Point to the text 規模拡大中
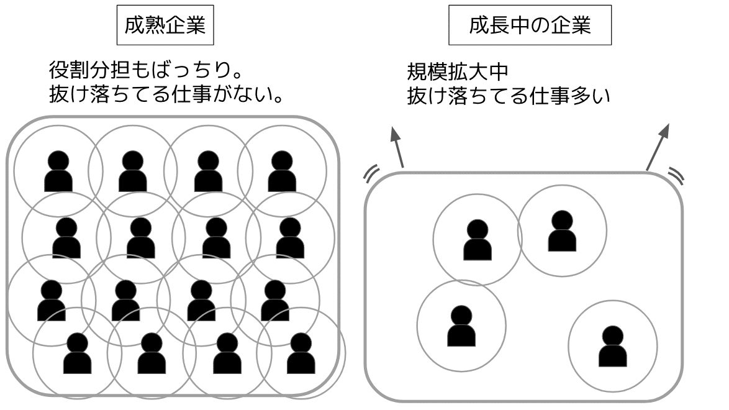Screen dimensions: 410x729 click(458, 71)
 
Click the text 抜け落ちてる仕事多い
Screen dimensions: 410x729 click(509, 97)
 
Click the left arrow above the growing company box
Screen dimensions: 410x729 click(397, 146)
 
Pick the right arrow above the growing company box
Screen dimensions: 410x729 click(659, 147)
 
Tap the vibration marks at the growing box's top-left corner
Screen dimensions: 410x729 click(371, 175)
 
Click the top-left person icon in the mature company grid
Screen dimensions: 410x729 click(58, 171)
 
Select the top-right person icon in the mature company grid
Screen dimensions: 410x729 click(282, 171)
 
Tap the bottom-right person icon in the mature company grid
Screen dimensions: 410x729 click(301, 353)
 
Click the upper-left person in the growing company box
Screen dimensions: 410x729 click(477, 240)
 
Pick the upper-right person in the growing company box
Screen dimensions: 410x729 click(562, 230)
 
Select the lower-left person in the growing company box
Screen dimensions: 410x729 click(461, 326)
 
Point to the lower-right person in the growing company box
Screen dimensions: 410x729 click(612, 346)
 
